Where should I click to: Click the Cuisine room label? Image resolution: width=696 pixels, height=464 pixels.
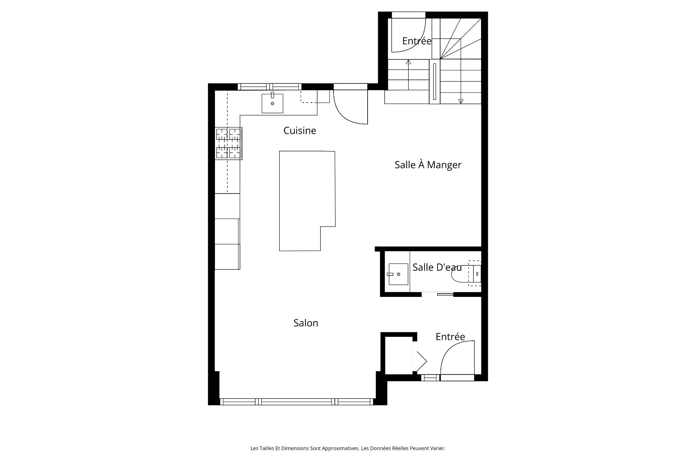(300, 130)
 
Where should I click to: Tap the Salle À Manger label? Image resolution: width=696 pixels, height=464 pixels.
(428, 165)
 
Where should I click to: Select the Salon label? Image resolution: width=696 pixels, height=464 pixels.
(306, 323)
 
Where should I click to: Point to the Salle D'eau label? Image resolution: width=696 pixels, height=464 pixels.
(437, 267)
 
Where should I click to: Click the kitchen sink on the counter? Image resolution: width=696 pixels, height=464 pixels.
(272, 103)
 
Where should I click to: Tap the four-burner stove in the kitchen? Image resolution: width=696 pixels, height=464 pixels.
(228, 144)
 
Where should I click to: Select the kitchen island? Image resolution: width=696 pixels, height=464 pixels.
(307, 201)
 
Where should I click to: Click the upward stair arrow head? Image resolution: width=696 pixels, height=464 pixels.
(409, 62)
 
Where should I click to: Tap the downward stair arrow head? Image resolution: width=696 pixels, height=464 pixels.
(461, 101)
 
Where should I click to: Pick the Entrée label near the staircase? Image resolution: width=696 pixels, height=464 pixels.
(417, 41)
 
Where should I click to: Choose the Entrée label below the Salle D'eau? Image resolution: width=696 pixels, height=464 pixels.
(450, 336)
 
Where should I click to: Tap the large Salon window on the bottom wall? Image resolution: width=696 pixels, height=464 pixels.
(297, 402)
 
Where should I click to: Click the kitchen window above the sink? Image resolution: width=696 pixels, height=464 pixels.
(269, 87)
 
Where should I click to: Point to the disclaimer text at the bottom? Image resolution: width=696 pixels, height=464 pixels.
(348, 448)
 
